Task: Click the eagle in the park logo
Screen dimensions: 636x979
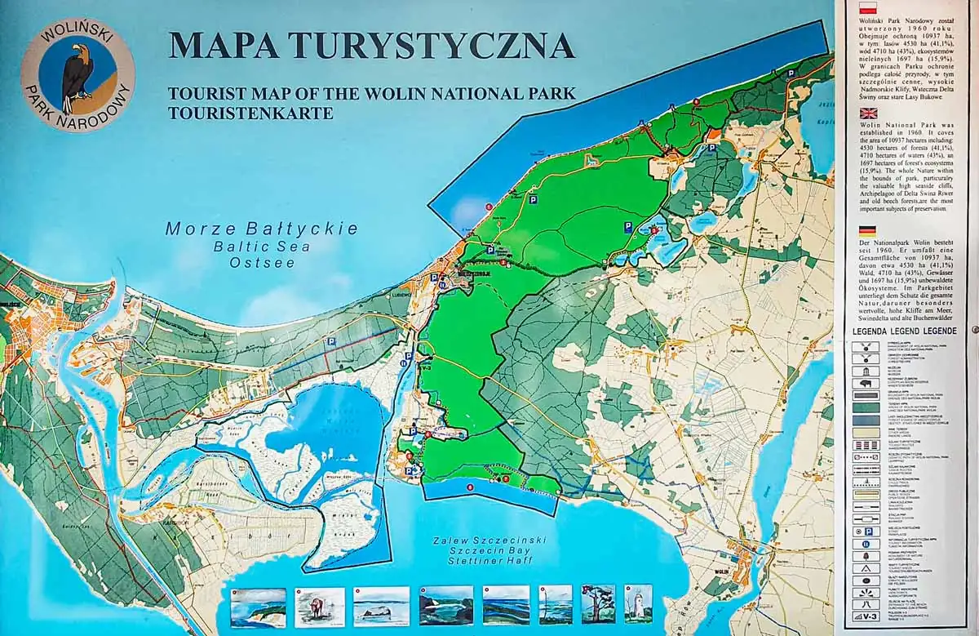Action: point(78,78)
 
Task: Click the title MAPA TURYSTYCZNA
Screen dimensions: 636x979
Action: point(371,45)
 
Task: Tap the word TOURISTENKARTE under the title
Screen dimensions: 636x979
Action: point(250,113)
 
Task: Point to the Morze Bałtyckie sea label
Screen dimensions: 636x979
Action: point(261,229)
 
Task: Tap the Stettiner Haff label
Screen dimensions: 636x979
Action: point(483,559)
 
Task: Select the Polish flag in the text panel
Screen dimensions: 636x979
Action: point(863,8)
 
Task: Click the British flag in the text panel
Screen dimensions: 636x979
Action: point(863,114)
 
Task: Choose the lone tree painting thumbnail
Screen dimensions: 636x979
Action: point(598,604)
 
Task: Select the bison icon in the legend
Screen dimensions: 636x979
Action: point(866,382)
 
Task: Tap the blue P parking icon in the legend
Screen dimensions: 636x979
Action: point(866,531)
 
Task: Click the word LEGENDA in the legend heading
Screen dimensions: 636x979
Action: point(874,332)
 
